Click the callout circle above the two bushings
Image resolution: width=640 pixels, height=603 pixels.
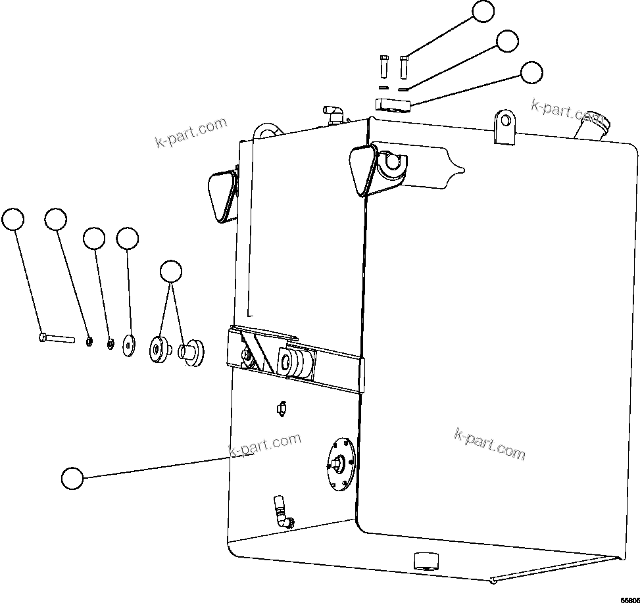[172, 272]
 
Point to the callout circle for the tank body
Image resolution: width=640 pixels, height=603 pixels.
[72, 478]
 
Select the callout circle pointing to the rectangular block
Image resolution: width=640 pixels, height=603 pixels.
[531, 72]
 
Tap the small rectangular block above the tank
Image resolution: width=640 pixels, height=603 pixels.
[393, 104]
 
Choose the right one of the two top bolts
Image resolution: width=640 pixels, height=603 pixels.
[404, 66]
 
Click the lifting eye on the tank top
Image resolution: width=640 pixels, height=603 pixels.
[504, 125]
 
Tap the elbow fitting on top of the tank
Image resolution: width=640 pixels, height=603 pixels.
[333, 114]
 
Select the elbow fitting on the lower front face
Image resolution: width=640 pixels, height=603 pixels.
[282, 512]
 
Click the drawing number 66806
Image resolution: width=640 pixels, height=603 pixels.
[629, 600]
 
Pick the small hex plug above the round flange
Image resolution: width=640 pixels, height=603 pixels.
[280, 408]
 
